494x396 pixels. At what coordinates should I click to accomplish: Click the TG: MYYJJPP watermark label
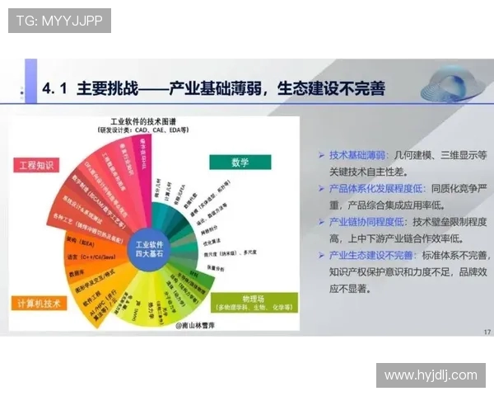point(59,21)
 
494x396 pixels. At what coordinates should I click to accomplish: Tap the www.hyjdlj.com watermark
point(431,375)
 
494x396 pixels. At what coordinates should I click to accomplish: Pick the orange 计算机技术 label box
point(40,304)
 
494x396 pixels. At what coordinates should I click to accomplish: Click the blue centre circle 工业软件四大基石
point(151,248)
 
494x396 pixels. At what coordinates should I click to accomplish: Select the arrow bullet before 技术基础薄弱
point(321,155)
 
